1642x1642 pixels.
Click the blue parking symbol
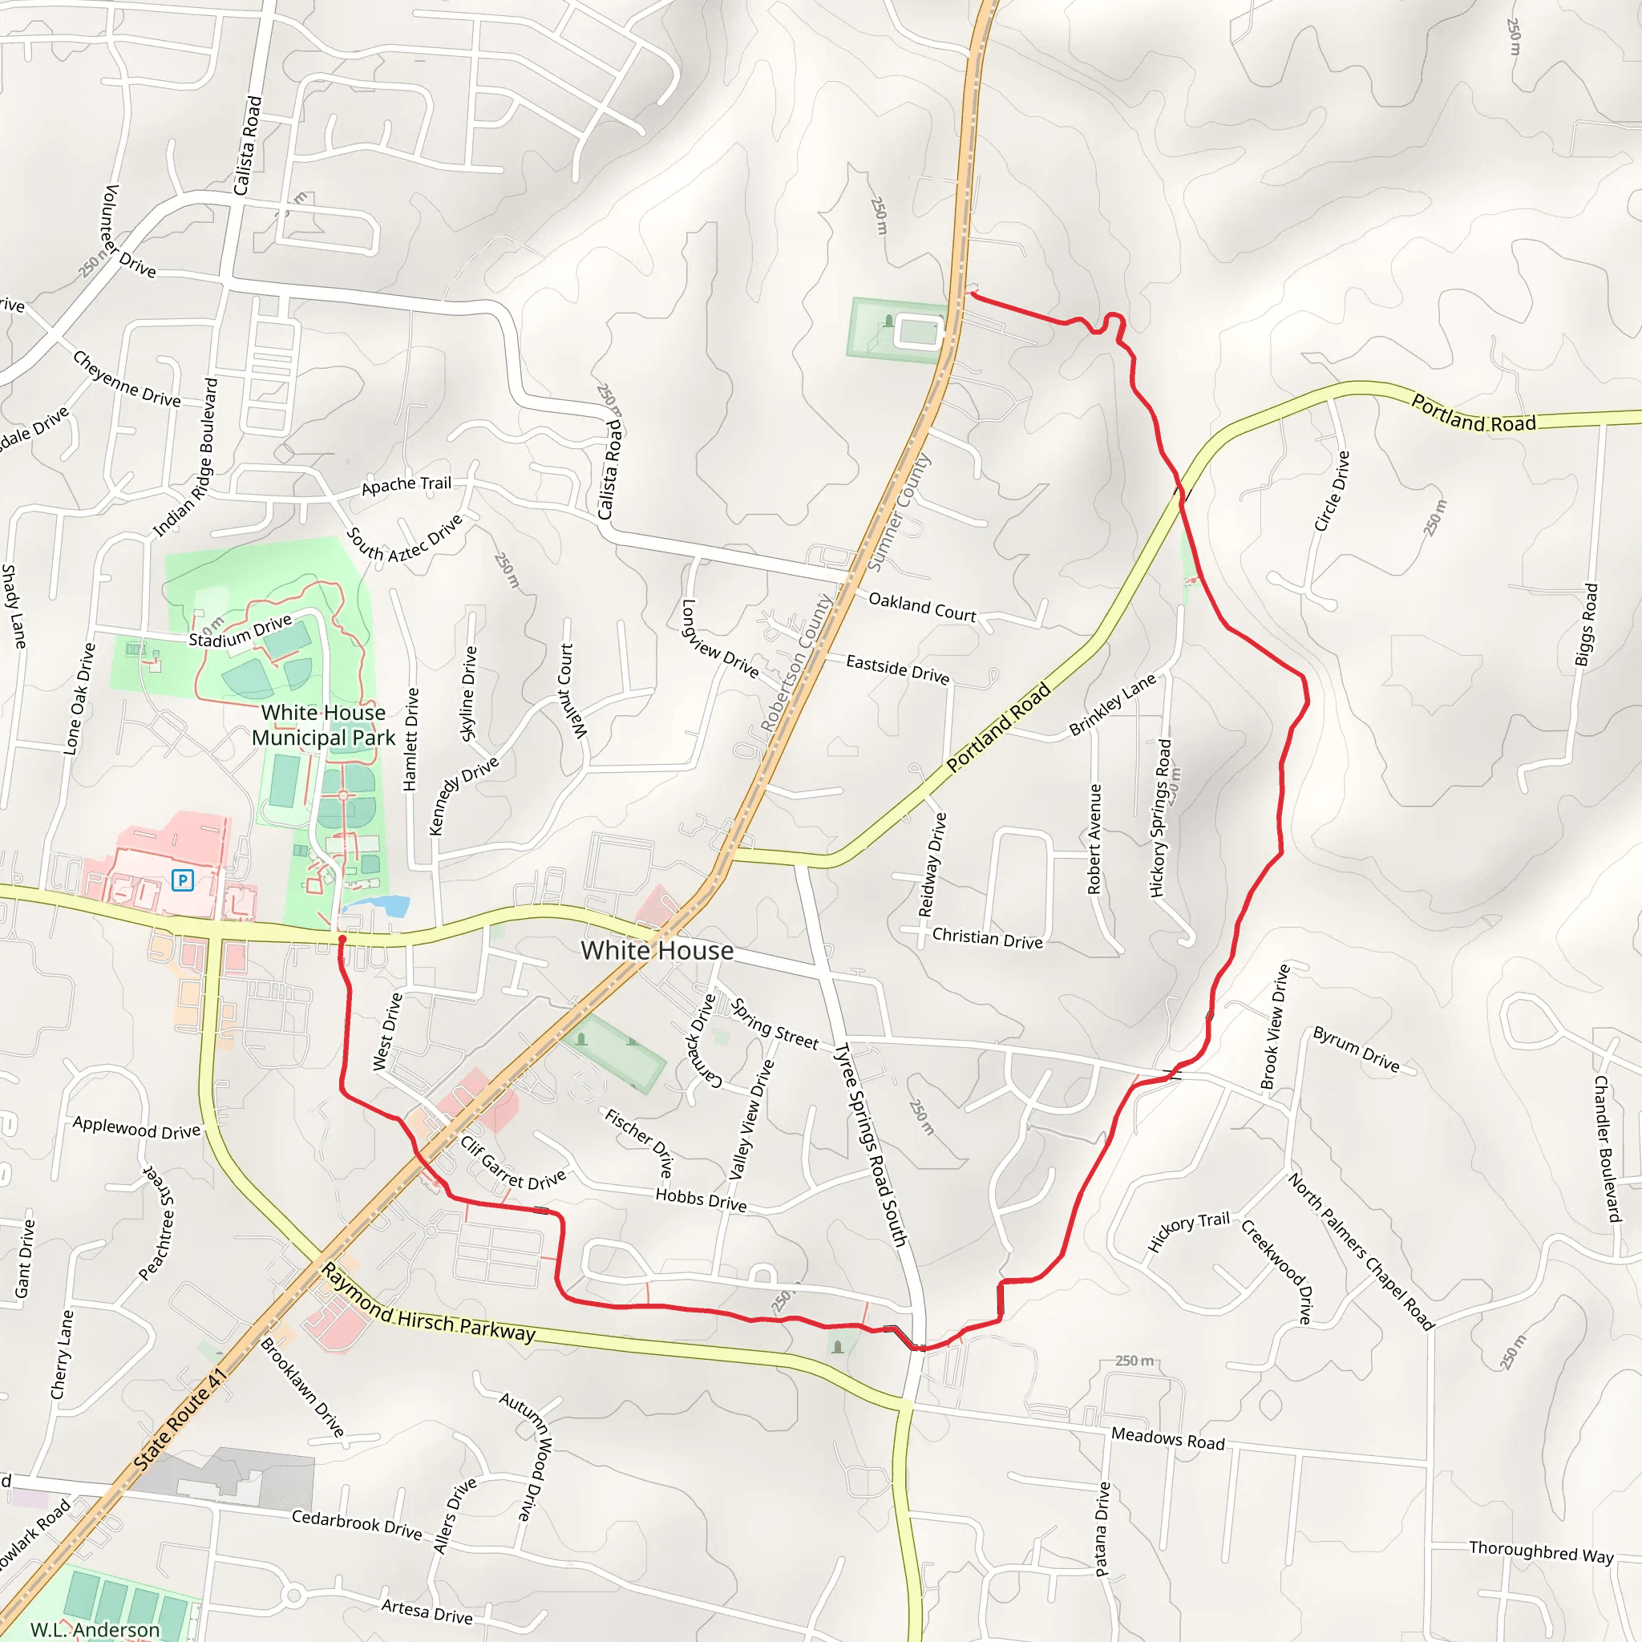183,880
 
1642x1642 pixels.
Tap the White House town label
657,950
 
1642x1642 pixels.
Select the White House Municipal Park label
324,725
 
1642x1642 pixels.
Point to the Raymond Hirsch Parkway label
428,1304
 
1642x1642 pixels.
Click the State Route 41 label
180,1418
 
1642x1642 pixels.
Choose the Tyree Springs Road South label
870,1145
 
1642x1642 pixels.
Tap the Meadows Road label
1167,1438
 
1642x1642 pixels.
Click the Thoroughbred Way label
1541,1551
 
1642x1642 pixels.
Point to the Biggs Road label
1586,625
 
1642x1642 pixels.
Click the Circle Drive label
1332,491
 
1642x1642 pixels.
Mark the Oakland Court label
922,607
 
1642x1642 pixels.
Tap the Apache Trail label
406,485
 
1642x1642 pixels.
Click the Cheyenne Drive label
127,379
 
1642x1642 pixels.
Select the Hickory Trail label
1189,1231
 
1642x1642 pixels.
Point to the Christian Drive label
987,938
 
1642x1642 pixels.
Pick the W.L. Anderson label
95,1629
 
